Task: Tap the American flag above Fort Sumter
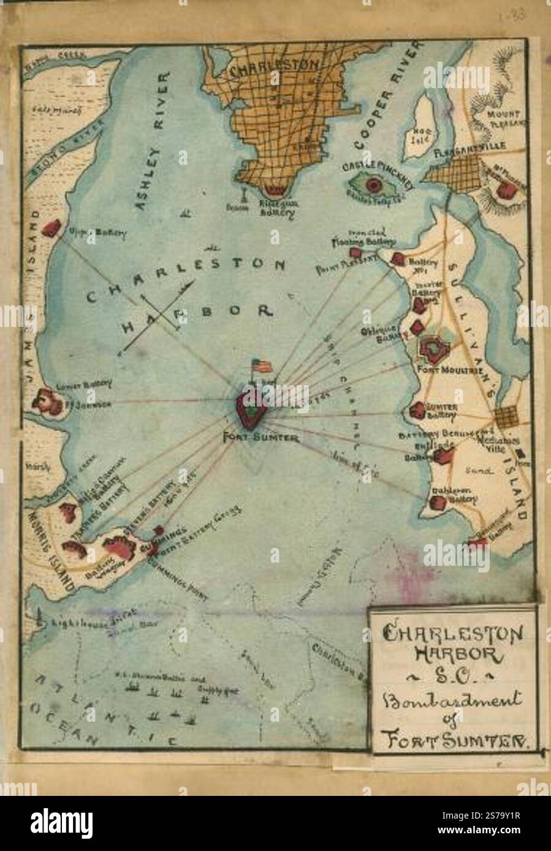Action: coord(262,365)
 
